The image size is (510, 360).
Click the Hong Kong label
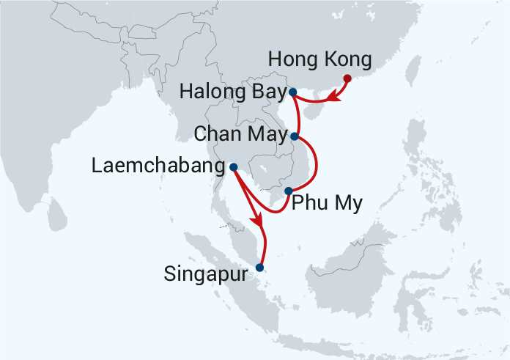(x=321, y=59)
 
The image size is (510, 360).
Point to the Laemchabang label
(x=158, y=167)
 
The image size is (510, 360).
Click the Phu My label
(x=327, y=203)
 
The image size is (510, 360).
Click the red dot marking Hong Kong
(x=347, y=78)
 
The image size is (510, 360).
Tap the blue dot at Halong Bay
(x=292, y=92)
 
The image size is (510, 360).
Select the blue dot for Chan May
(x=295, y=136)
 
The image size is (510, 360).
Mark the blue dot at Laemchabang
(x=233, y=167)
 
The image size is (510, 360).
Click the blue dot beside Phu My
(x=288, y=191)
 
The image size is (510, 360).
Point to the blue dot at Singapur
(x=259, y=268)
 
